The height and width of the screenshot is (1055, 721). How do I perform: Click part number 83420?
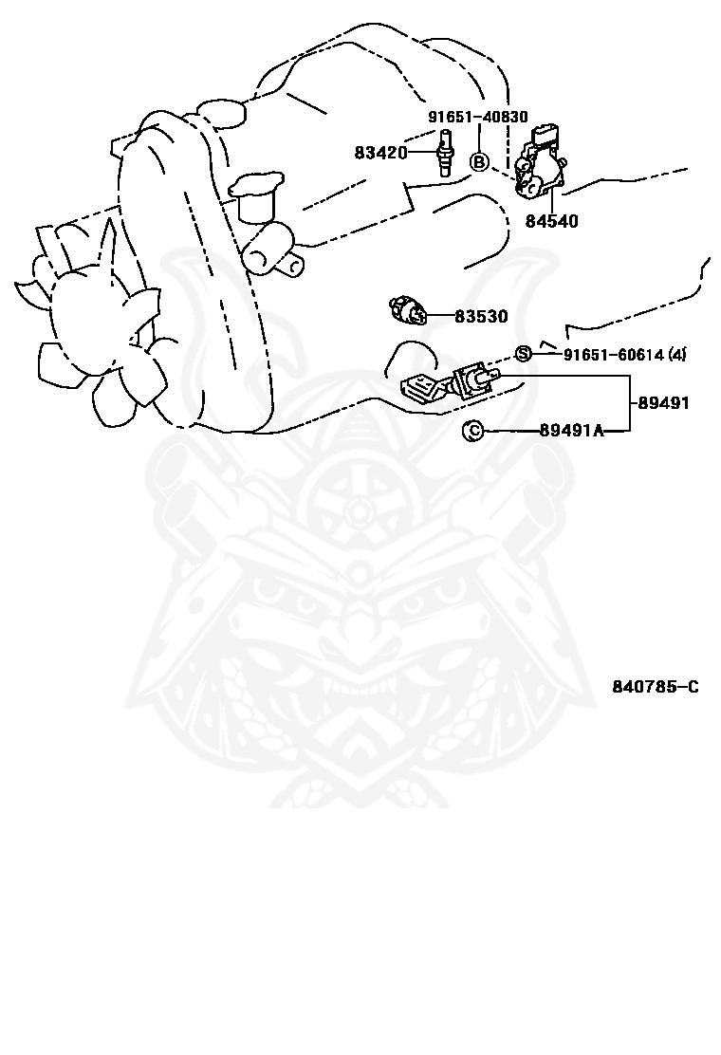click(x=380, y=153)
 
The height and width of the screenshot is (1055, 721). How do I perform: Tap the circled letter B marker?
click(x=479, y=162)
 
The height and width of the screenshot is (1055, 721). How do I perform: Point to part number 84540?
click(x=551, y=221)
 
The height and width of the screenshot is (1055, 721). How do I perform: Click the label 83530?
click(x=480, y=317)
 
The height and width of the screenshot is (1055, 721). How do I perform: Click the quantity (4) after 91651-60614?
click(x=676, y=356)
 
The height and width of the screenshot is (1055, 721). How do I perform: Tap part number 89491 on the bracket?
click(x=663, y=403)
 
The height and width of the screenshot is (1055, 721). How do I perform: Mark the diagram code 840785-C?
click(x=655, y=686)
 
